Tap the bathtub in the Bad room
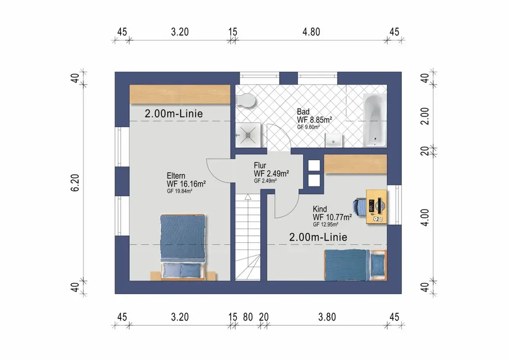[375, 120]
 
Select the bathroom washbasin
[334, 140]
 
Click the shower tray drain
[247, 135]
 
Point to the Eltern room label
[176, 176]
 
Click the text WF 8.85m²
[314, 120]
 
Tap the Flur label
[260, 165]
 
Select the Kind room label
[320, 209]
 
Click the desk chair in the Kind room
[359, 207]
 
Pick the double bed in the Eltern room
[183, 247]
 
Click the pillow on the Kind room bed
[378, 265]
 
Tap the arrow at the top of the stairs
[248, 197]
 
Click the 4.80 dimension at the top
[312, 32]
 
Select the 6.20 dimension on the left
[75, 183]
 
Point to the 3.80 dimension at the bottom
[327, 317]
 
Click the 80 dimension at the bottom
[248, 317]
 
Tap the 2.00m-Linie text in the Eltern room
[174, 114]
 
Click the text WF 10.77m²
[332, 217]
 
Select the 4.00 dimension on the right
[425, 217]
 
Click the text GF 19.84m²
[180, 191]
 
